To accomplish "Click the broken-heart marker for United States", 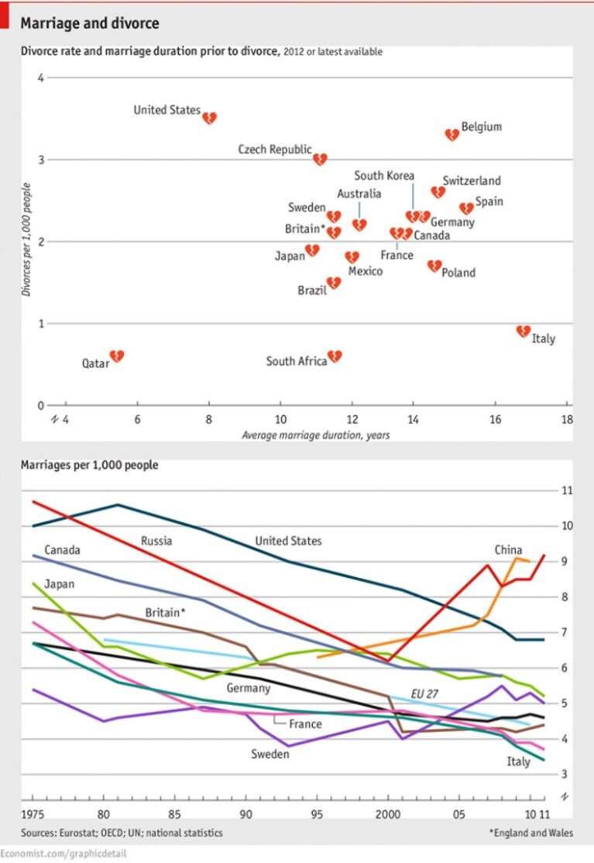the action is [210, 118].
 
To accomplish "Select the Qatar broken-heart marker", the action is [117, 356].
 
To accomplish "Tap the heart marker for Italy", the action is [523, 331].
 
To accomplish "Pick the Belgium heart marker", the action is [452, 134].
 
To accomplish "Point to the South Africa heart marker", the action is [335, 356].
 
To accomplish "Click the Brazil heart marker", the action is [334, 283].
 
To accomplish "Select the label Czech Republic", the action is [275, 150].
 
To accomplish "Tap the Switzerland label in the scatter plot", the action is [472, 181].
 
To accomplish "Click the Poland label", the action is [458, 273].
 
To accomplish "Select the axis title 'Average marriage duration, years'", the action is [316, 435].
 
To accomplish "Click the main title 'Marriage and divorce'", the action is [90, 23].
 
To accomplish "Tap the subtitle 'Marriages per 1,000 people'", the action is [89, 465].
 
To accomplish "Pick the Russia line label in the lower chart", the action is [156, 541].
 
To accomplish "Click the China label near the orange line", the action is [508, 550].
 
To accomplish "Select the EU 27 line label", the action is [424, 694].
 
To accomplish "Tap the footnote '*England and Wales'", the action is [531, 833].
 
